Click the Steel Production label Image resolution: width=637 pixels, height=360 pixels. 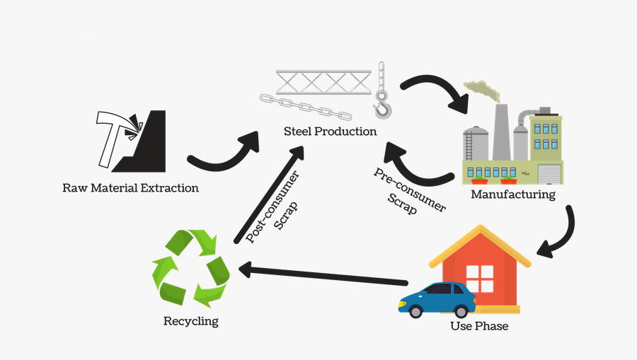(x=330, y=132)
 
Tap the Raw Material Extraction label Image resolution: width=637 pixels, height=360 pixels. (x=130, y=188)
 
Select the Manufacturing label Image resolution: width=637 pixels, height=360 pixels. (x=513, y=194)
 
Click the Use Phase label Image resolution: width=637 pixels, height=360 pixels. (x=479, y=326)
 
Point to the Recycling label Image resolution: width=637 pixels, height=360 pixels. (x=190, y=321)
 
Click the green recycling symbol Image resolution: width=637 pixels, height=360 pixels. (x=190, y=269)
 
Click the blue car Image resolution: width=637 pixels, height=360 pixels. (x=437, y=299)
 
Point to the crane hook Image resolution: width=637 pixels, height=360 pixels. (x=381, y=106)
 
